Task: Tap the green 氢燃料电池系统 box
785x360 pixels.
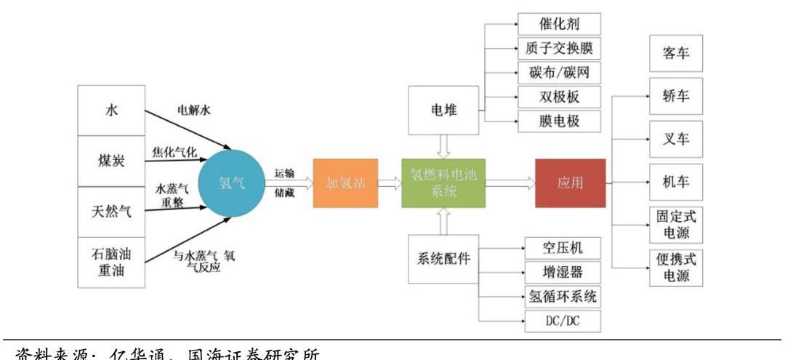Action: point(443,183)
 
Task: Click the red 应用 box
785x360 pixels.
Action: point(570,183)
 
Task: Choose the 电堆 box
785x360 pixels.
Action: point(443,110)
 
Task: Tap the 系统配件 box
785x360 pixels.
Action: point(443,259)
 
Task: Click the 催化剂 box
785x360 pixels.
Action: point(559,23)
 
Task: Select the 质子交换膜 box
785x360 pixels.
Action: point(559,48)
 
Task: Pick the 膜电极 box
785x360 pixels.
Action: point(559,121)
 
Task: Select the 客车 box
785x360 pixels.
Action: point(676,54)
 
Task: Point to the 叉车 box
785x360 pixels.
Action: point(676,139)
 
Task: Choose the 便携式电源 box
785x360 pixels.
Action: point(676,268)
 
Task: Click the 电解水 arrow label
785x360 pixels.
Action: point(195,111)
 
